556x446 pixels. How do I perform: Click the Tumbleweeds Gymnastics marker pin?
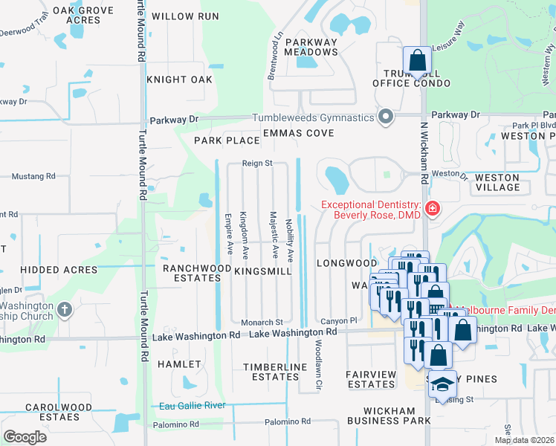[385, 117]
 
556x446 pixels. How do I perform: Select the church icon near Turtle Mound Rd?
[64, 310]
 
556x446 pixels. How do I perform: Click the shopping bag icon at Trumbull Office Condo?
[418, 61]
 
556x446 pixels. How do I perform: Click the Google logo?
[25, 437]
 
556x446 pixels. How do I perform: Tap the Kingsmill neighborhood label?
[263, 272]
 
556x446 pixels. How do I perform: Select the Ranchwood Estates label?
[192, 273]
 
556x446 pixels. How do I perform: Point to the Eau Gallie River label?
[193, 406]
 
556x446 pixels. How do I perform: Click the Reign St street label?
[258, 163]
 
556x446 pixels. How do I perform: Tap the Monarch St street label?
[262, 323]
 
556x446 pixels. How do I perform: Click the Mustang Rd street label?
[35, 177]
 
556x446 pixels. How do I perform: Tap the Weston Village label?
[497, 183]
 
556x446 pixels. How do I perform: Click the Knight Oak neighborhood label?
[180, 80]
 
